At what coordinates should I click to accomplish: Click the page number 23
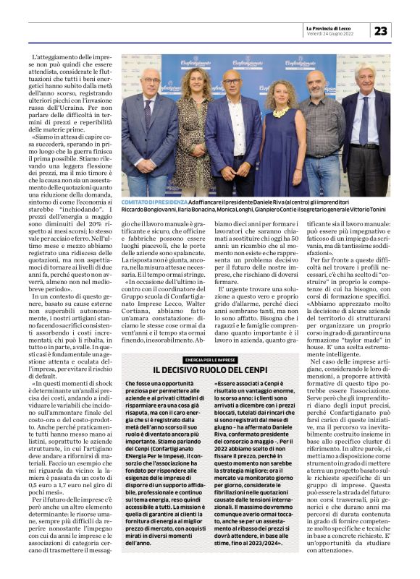click(381, 30)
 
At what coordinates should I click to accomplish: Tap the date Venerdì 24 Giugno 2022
click(331, 33)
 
